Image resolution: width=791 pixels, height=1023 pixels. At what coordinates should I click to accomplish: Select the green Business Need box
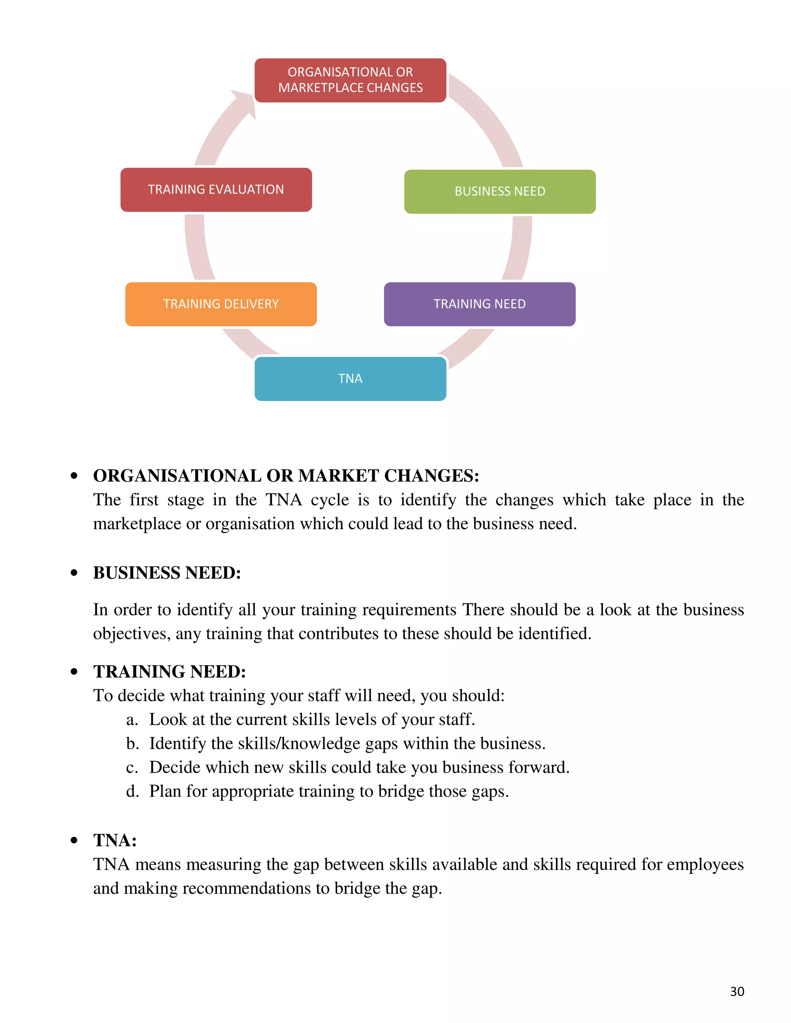pos(499,191)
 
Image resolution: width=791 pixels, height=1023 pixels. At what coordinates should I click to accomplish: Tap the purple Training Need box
pos(479,304)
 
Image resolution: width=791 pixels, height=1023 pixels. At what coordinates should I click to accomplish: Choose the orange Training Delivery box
pos(221,304)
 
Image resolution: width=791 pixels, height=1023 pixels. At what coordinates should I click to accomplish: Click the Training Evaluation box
pos(216,190)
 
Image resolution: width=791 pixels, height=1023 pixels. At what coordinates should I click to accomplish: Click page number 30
pos(737,991)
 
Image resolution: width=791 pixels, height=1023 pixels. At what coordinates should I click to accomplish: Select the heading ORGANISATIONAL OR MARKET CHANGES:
pos(286,476)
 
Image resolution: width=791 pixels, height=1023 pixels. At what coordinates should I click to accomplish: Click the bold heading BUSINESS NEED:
pos(167,573)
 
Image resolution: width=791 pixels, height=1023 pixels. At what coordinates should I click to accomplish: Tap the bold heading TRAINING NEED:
pos(169,672)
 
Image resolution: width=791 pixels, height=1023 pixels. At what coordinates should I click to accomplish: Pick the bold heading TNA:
pos(115,840)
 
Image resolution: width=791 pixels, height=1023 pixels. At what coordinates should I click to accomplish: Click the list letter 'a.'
pos(132,720)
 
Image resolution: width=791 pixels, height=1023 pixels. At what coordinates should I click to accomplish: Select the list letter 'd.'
pos(132,791)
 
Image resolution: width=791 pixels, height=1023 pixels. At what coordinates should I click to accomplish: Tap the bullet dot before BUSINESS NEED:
pos(74,573)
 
